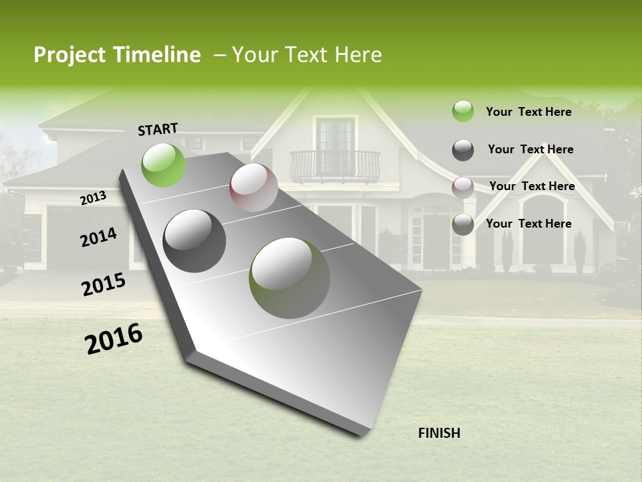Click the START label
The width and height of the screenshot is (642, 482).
[158, 129]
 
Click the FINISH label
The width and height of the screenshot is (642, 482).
[439, 432]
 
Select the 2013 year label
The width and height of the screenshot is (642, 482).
[94, 198]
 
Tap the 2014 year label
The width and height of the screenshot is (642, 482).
[99, 237]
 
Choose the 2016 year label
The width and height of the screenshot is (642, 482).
[114, 339]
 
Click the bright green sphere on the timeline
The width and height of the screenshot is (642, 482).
[164, 165]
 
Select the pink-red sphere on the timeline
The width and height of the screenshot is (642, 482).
[253, 187]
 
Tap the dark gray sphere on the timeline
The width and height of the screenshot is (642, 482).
[195, 241]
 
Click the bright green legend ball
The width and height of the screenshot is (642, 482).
[463, 112]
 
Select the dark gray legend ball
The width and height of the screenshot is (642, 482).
[463, 150]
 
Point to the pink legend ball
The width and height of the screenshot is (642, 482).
[463, 187]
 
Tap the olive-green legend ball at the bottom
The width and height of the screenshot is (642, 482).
[463, 224]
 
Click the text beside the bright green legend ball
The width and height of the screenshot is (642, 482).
[528, 112]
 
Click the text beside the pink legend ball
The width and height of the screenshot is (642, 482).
[532, 186]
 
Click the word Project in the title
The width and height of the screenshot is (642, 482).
[69, 55]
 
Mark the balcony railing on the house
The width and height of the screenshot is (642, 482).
[334, 165]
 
